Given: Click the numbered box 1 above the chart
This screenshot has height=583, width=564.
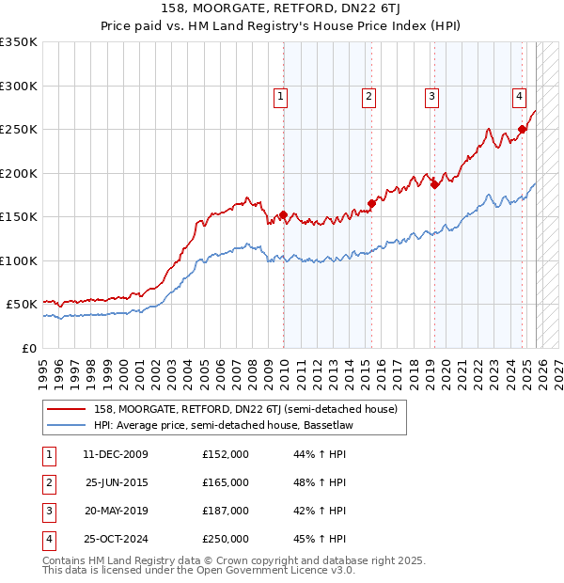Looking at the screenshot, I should coord(281,95).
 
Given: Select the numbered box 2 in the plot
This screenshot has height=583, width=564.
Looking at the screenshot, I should coord(369,95).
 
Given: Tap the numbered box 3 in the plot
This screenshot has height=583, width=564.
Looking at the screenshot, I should coord(431,95).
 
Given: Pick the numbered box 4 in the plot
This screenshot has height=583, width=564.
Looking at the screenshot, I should coord(519,95).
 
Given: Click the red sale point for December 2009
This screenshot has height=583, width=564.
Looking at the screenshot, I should coord(283,215).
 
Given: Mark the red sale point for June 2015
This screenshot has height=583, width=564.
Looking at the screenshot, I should coord(372,203).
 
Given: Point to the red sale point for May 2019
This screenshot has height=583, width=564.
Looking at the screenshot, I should coord(434,184).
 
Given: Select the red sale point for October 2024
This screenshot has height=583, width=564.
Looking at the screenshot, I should coord(523,130).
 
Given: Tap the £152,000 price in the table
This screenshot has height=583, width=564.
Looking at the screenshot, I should coord(226,454).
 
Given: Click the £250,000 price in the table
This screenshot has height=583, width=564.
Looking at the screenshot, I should coord(226,539).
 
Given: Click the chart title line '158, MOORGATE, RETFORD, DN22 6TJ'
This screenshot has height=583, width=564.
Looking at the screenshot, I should coord(282,9).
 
